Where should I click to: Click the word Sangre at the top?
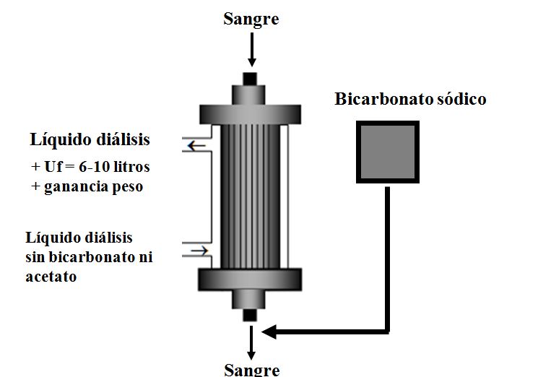coord(251,19)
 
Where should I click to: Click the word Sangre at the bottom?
coord(251,369)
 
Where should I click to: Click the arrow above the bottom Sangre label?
coord(251,344)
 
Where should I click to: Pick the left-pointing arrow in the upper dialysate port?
coord(196,147)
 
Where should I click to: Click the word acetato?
coord(51,277)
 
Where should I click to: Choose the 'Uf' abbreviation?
coord(54,166)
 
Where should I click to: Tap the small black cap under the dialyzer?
coord(250,316)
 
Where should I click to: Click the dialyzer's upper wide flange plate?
coord(250,114)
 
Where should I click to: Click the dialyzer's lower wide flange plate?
coord(250,277)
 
